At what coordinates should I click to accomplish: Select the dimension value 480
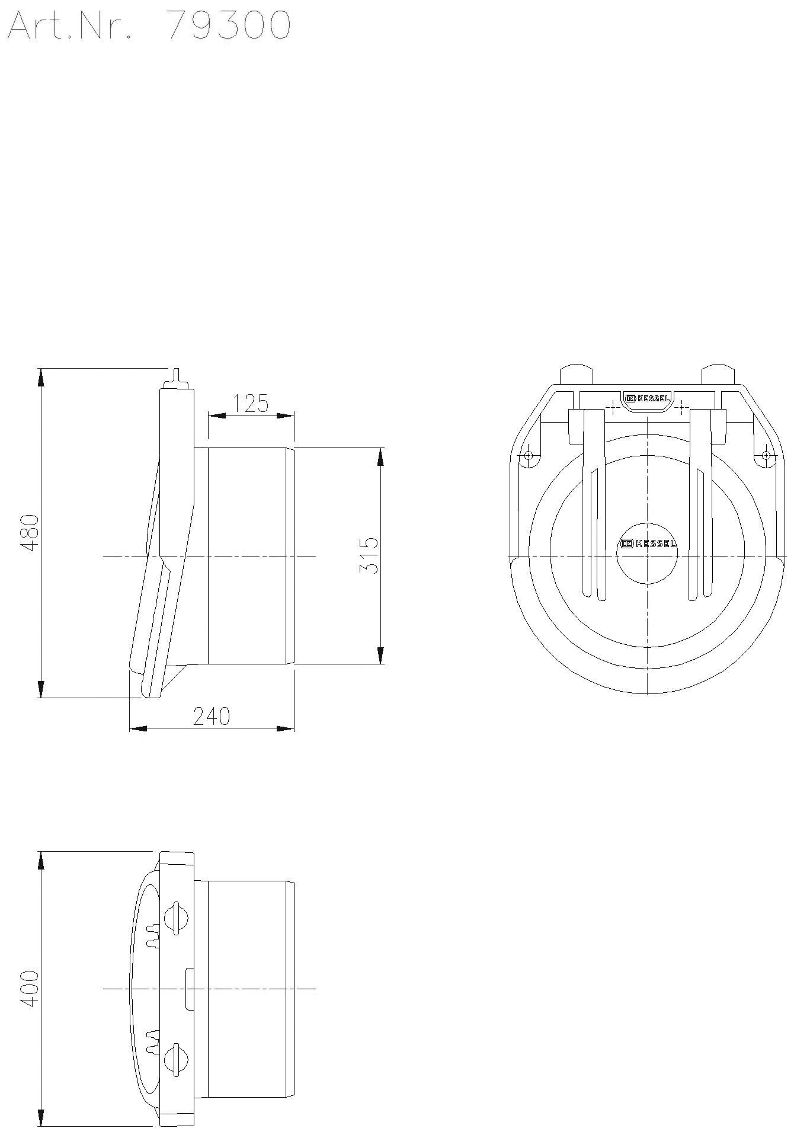[30, 533]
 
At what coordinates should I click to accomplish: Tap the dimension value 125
[250, 403]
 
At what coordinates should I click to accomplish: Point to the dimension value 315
[369, 555]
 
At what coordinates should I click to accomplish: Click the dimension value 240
[212, 716]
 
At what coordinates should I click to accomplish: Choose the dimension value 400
[30, 987]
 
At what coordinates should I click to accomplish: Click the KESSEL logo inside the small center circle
[648, 544]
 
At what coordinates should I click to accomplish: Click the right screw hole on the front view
[766, 455]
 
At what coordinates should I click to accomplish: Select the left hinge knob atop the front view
[576, 373]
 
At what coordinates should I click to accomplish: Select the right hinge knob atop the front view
[718, 373]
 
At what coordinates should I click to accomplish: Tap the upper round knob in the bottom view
[176, 918]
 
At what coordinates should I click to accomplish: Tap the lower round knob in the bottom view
[176, 1059]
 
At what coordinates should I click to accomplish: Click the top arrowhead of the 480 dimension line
[41, 377]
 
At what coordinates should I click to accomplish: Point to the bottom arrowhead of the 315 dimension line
[380, 655]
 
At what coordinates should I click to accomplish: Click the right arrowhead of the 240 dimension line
[286, 728]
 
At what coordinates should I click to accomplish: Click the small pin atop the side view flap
[176, 376]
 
